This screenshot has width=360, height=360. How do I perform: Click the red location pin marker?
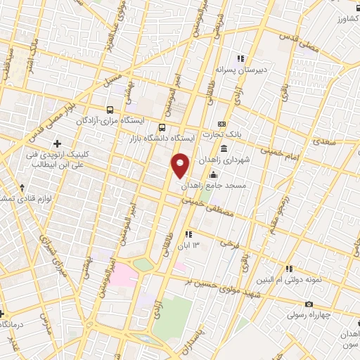[x=181, y=165]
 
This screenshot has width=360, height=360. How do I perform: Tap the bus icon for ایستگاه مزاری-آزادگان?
[x=110, y=110]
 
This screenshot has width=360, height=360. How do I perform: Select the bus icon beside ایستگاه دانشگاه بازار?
[x=162, y=127]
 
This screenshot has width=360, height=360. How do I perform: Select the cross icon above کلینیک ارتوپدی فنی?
[x=67, y=144]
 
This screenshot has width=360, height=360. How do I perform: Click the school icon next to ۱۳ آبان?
[x=188, y=234]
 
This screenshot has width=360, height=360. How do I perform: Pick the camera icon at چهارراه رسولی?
[x=309, y=304]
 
